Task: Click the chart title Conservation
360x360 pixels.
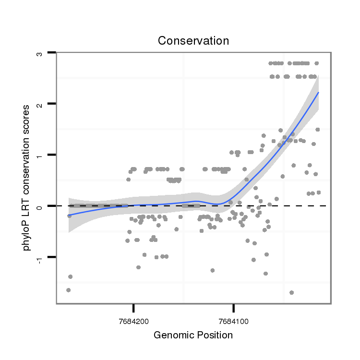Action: coord(193,41)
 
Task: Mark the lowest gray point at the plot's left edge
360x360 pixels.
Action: coord(68,290)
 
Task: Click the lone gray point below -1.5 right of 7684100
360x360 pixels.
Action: coord(291,292)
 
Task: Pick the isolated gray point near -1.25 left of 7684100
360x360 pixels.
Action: coord(212,270)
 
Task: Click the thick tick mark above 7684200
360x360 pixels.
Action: coord(133,307)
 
